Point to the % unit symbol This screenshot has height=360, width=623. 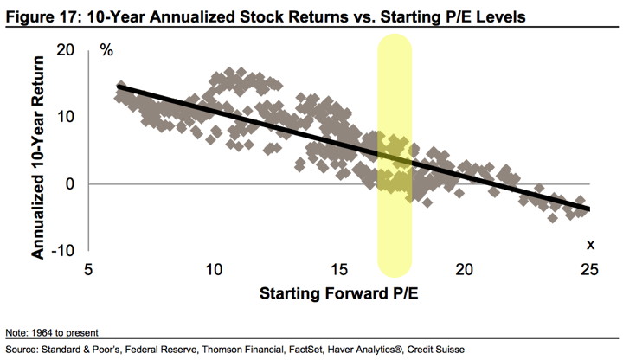pos(107,48)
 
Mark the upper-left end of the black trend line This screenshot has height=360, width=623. pos(119,87)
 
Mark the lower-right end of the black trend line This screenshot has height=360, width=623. pos(588,209)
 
